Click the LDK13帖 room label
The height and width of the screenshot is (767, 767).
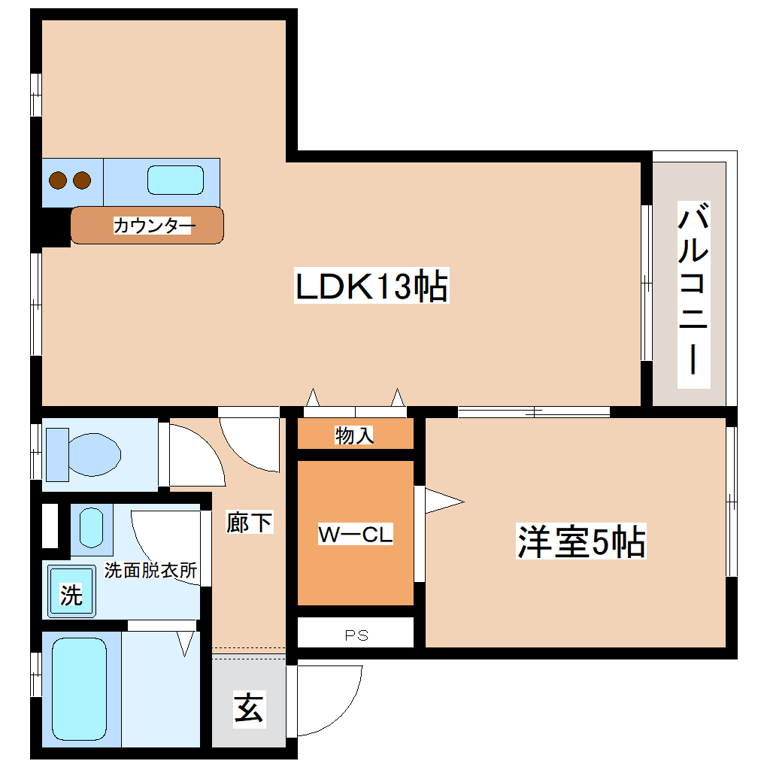pyautogui.click(x=371, y=287)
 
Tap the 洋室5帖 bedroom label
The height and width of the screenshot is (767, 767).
pyautogui.click(x=581, y=541)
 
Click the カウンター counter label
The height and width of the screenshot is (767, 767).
pyautogui.click(x=154, y=225)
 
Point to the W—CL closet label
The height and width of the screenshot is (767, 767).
pyautogui.click(x=356, y=535)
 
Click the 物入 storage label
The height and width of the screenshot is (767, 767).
pyautogui.click(x=355, y=435)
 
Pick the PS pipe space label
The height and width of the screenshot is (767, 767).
pyautogui.click(x=356, y=635)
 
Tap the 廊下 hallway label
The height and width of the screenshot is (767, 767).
pyautogui.click(x=250, y=522)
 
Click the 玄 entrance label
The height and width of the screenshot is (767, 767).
pyautogui.click(x=249, y=708)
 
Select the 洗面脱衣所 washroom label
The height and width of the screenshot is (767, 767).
pyautogui.click(x=150, y=570)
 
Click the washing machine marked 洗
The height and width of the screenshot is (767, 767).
pyautogui.click(x=71, y=595)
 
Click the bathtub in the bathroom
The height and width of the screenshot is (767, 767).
pyautogui.click(x=79, y=690)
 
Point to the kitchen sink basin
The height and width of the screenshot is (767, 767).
pyautogui.click(x=175, y=180)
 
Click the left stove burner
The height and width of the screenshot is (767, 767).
pyautogui.click(x=59, y=180)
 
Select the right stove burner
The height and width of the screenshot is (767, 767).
pyautogui.click(x=81, y=180)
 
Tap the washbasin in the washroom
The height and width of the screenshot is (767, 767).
pyautogui.click(x=91, y=527)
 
